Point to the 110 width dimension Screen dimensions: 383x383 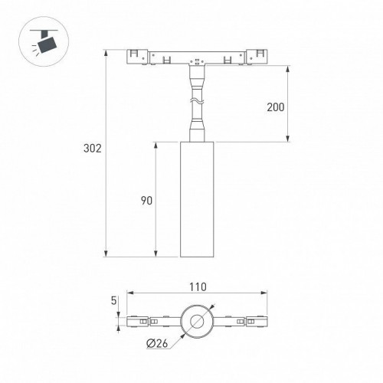point(198,287)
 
